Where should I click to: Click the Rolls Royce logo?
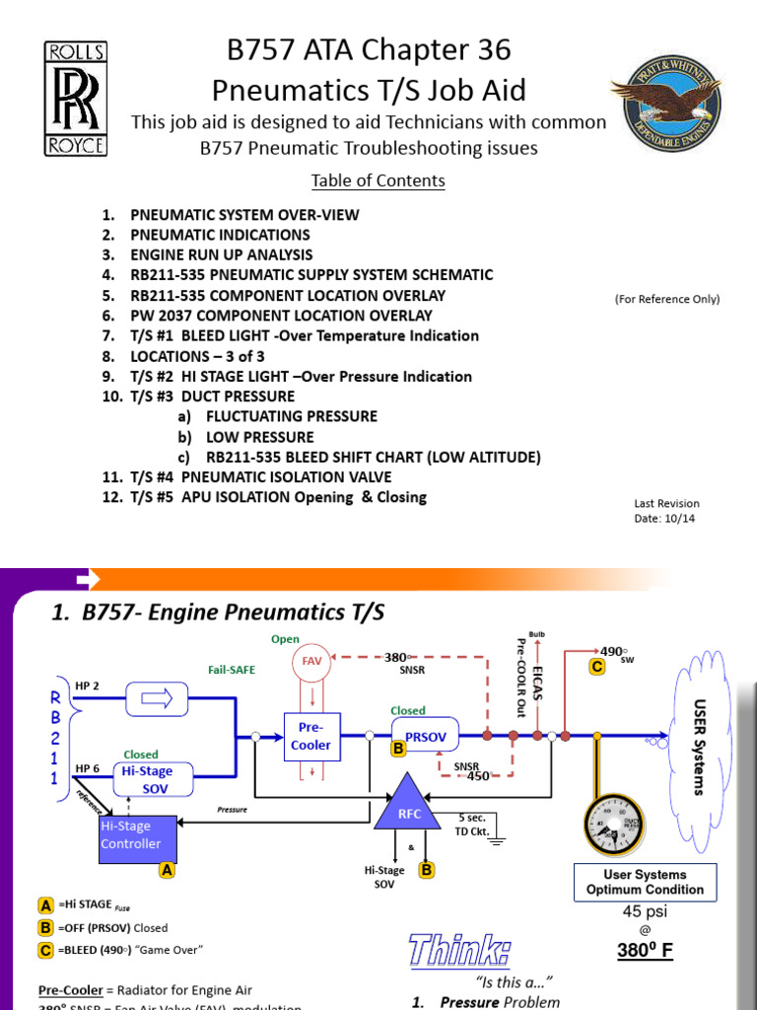tap(75, 98)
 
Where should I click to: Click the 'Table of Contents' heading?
tap(378, 180)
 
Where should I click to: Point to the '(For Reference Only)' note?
tap(666, 299)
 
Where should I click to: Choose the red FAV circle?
tap(311, 661)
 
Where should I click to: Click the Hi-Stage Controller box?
tap(137, 836)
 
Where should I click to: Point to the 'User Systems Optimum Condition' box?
tap(646, 882)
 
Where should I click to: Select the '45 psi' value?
tap(646, 911)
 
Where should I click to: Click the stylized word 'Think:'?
tap(459, 952)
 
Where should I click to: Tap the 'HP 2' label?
tap(88, 685)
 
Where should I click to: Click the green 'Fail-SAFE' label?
tap(231, 670)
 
